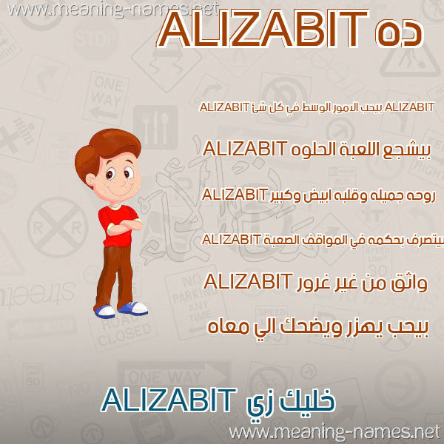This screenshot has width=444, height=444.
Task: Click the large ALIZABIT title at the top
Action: click(x=263, y=30)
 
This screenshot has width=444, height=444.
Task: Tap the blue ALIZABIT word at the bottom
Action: click(x=169, y=400)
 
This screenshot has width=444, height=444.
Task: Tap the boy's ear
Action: click(x=90, y=180)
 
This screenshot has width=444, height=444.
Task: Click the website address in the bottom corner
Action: click(x=334, y=432)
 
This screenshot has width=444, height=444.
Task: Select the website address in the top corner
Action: click(x=112, y=10)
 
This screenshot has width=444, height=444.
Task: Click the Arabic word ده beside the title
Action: click(x=400, y=33)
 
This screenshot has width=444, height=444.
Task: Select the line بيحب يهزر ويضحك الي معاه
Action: click(x=318, y=328)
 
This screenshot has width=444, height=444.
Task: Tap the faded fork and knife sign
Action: click(x=155, y=127)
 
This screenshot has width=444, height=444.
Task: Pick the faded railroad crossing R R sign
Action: click(x=58, y=227)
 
